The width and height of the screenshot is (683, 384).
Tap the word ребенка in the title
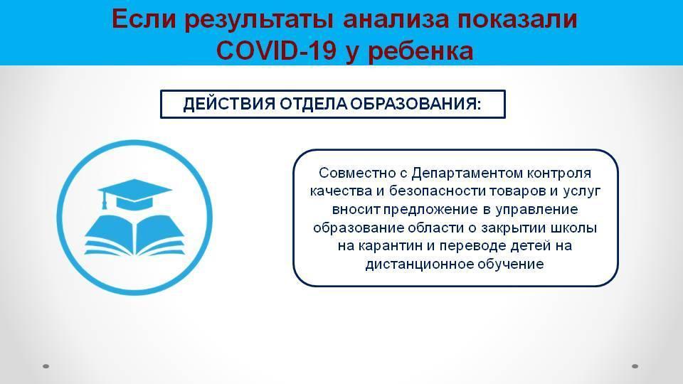pos(420,51)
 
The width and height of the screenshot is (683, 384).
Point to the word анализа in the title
pos(396,20)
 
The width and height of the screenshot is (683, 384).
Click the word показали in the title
pos(517,20)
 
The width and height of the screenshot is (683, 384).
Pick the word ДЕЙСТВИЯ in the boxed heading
pos(229,105)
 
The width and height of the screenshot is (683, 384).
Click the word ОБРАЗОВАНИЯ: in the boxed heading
pos(416,104)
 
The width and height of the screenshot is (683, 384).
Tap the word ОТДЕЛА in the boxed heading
pos(314,105)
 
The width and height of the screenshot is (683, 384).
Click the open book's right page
pos(160,235)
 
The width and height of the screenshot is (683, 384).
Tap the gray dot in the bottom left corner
pos(46,366)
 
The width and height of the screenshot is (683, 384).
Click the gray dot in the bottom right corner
pos(635,366)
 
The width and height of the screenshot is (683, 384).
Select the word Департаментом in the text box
pos(467,174)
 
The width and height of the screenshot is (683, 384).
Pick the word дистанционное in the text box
pos(420,265)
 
